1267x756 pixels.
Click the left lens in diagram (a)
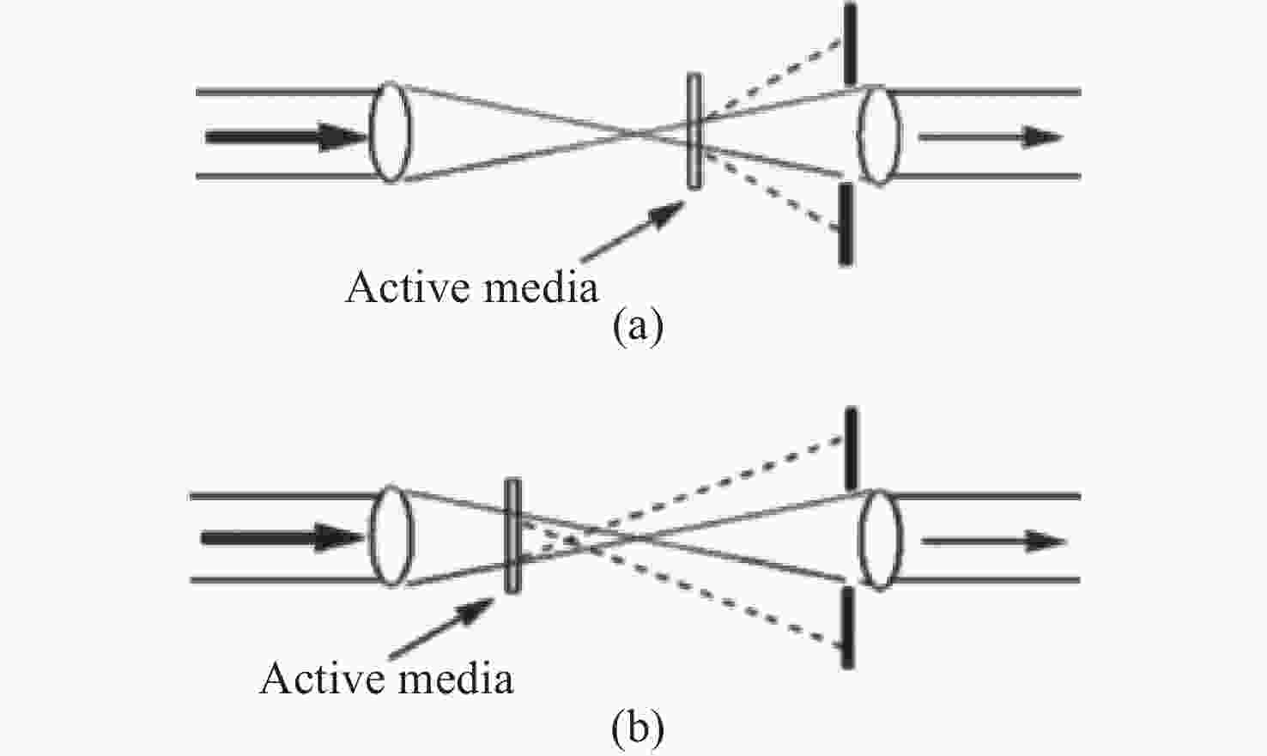[391, 132]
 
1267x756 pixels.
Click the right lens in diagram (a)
[880, 135]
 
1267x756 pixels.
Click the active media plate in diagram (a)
[694, 130]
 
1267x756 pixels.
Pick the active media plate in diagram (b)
[512, 535]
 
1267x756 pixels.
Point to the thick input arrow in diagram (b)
[283, 539]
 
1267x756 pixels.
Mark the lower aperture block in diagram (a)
[846, 224]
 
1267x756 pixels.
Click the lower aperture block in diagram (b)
[848, 627]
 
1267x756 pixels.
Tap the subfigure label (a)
[638, 327]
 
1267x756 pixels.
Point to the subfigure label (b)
[638, 729]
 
